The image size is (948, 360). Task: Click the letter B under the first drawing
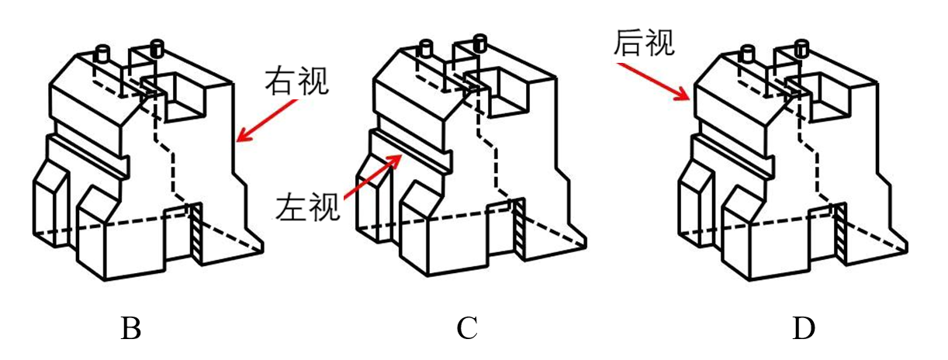tap(130, 330)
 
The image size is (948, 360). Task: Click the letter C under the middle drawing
tap(466, 330)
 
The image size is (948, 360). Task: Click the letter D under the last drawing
tap(804, 330)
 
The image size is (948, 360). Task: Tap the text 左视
tap(308, 207)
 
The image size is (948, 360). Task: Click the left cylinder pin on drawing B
tap(102, 54)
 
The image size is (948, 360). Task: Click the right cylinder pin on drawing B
tap(156, 49)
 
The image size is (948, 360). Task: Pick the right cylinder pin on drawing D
tap(801, 47)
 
